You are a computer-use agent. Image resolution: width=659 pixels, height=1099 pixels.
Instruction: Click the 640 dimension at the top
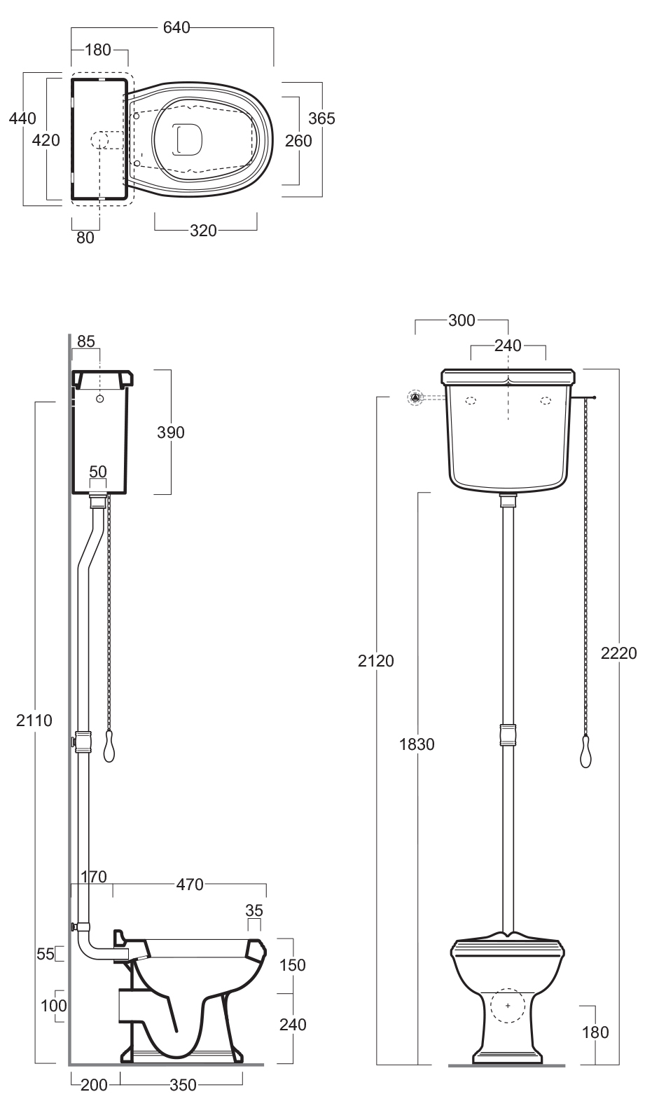pyautogui.click(x=176, y=27)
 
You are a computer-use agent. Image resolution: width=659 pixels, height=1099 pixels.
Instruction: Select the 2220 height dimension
pyautogui.click(x=619, y=653)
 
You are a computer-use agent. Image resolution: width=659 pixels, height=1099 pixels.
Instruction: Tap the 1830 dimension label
pyautogui.click(x=417, y=744)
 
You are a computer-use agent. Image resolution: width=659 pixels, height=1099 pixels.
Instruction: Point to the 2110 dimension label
pyautogui.click(x=34, y=721)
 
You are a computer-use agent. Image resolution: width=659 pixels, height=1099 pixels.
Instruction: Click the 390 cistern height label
pyautogui.click(x=171, y=432)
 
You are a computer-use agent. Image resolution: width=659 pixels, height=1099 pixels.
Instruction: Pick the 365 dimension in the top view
pyautogui.click(x=321, y=118)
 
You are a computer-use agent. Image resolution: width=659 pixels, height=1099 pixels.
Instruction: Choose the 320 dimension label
pyautogui.click(x=204, y=231)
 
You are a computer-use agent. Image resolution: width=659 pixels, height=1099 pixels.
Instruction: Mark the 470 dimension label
pyautogui.click(x=190, y=885)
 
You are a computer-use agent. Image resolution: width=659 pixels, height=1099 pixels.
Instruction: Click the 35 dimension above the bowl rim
pyautogui.click(x=254, y=910)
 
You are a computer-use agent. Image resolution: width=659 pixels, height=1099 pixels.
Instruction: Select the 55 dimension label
pyautogui.click(x=46, y=955)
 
